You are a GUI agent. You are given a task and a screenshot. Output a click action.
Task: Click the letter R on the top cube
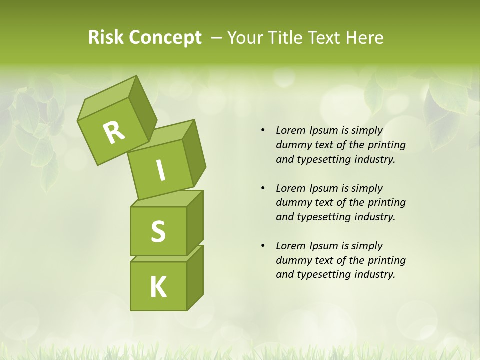(x=114, y=132)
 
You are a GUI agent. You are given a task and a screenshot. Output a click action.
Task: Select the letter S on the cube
(x=158, y=231)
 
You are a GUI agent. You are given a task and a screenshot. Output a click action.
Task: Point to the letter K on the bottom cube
(x=158, y=287)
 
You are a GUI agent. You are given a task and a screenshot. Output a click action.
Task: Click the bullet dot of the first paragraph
(x=263, y=131)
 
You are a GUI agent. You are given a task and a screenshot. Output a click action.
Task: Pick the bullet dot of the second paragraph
(x=263, y=188)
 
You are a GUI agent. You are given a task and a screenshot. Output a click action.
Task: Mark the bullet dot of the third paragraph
(x=263, y=246)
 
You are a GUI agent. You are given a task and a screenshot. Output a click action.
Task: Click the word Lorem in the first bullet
(x=291, y=131)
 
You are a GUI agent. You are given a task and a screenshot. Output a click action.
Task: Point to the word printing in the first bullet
(x=386, y=145)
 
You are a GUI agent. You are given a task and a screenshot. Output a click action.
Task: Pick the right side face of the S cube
(x=195, y=222)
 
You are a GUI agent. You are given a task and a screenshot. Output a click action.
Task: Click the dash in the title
(x=217, y=38)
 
